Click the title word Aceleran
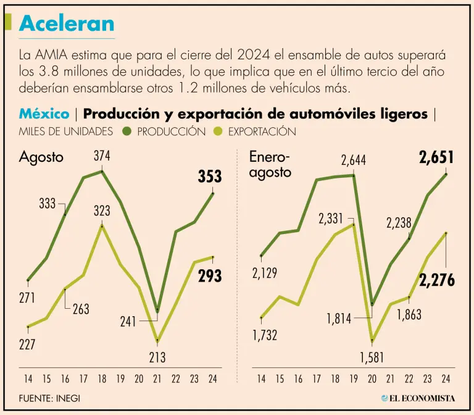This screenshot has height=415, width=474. click(67, 23)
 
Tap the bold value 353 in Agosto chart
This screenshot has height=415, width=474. click(210, 177)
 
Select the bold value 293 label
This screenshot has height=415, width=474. click(210, 276)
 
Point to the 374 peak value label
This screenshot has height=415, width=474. click(102, 156)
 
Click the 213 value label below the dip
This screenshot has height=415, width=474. click(157, 357)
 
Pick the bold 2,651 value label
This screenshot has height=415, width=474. click(436, 158)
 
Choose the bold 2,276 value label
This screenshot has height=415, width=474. click(437, 280)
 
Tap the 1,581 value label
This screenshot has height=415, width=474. click(372, 357)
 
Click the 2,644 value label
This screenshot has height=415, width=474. click(354, 161)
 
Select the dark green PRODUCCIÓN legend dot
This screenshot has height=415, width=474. click(127, 131)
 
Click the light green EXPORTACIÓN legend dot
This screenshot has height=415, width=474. click(217, 131)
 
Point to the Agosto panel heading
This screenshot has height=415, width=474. click(41, 157)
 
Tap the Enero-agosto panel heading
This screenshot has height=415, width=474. click(270, 165)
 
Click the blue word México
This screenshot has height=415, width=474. click(44, 114)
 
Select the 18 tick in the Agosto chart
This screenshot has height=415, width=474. click(102, 378)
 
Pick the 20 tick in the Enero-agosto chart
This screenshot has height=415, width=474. click(372, 378)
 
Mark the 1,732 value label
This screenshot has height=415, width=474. click(265, 335)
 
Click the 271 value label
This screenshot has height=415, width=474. click(27, 298)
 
